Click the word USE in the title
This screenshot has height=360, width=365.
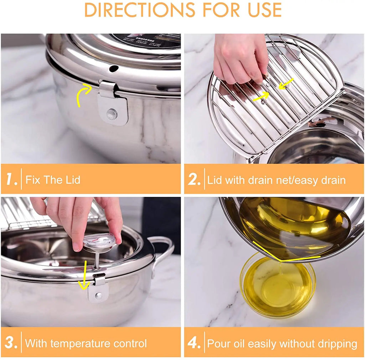262,10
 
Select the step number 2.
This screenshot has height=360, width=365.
194,179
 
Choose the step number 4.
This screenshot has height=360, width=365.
194,343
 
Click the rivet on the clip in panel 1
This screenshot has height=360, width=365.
112,114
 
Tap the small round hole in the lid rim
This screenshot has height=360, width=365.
113,68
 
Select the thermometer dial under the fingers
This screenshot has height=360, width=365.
99,241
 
